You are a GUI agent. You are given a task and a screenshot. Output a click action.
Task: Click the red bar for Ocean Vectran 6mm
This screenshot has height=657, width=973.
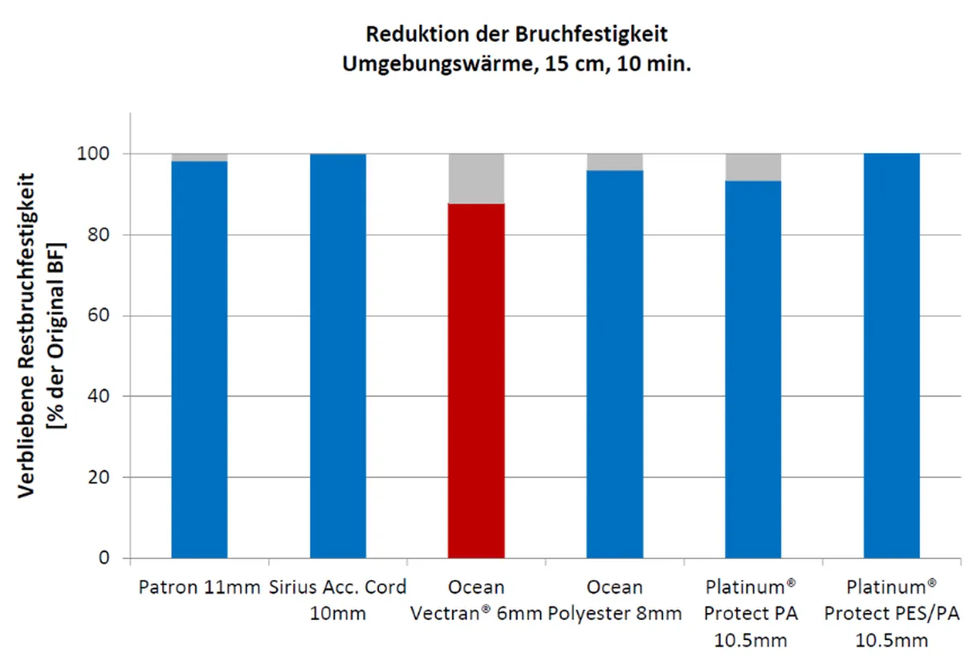pyautogui.click(x=476, y=381)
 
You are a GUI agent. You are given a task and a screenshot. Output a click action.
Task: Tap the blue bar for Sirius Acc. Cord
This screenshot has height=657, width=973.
pyautogui.click(x=338, y=356)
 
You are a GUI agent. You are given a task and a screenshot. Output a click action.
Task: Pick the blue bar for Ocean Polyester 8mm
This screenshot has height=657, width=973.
pyautogui.click(x=615, y=364)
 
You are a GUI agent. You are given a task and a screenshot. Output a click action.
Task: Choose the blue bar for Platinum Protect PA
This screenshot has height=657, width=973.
pyautogui.click(x=753, y=369)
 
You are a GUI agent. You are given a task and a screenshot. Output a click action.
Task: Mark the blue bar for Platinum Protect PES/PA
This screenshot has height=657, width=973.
pyautogui.click(x=892, y=356)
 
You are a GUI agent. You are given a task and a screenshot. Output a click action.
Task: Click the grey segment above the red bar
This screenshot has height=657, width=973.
pyautogui.click(x=476, y=178)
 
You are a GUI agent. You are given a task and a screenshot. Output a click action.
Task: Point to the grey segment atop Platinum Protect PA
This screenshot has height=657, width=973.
pyautogui.click(x=753, y=167)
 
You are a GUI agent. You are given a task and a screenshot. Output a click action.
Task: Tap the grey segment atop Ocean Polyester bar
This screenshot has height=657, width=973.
pyautogui.click(x=615, y=161)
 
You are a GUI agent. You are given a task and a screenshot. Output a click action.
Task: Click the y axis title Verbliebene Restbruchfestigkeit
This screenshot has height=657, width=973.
pyautogui.click(x=28, y=333)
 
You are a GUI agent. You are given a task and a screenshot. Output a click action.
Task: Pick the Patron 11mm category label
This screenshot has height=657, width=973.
pyautogui.click(x=199, y=586)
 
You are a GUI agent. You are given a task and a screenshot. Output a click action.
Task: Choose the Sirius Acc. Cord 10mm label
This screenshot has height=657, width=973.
pyautogui.click(x=338, y=600)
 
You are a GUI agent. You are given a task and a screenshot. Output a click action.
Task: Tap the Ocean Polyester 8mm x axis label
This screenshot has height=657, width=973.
pyautogui.click(x=615, y=600)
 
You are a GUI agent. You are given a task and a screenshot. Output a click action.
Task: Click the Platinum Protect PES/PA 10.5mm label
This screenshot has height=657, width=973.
pyautogui.click(x=892, y=614)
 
